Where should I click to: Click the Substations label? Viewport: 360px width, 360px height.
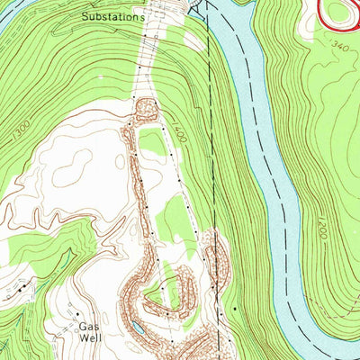click(x=112, y=16)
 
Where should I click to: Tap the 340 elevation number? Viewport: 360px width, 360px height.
click(x=339, y=45)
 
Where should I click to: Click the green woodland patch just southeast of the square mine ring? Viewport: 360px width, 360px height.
click(x=156, y=141)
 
